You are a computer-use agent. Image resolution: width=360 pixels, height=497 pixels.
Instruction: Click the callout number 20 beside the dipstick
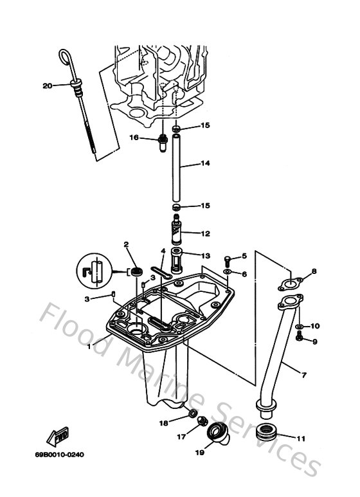48,85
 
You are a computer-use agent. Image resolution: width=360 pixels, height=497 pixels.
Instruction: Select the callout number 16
134,137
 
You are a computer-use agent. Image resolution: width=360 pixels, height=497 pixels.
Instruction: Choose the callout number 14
205,163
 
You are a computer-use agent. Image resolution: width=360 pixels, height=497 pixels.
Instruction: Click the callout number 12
205,233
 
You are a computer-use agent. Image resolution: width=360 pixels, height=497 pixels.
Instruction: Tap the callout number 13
205,255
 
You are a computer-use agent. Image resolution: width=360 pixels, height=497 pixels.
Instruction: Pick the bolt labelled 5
229,260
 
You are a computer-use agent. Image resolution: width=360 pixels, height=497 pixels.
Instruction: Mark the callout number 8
314,271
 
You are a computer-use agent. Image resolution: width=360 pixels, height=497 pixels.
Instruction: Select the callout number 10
315,326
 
